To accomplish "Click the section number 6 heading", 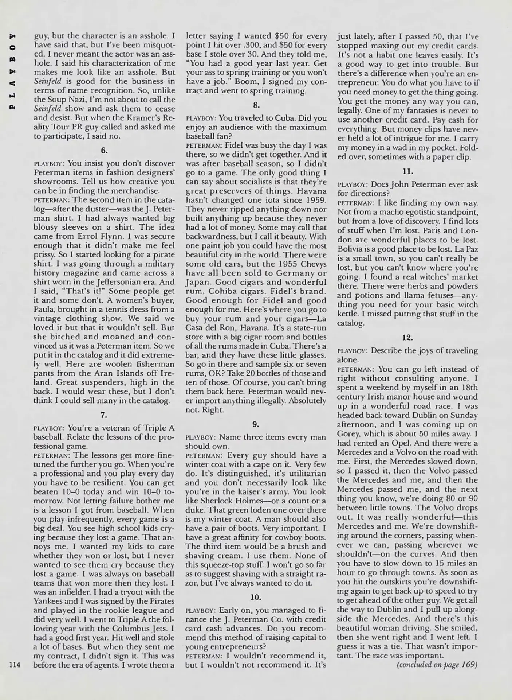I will point(104,150).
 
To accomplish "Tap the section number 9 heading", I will point(256,424).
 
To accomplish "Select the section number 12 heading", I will point(407,338).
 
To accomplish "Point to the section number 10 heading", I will point(256,597).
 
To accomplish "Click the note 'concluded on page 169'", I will point(437,664).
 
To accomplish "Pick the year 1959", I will point(315,200).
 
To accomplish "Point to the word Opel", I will point(397,443).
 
